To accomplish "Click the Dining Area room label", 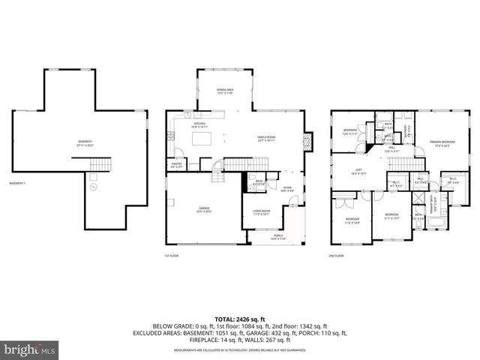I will pos(225,91).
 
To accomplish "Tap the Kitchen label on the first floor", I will pos(199,126).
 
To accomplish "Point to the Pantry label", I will pos(178,165).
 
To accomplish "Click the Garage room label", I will pos(204,210).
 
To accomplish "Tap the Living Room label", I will pos(261,212).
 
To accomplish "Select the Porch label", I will pos(277,237).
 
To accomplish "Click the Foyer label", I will pos(287,190).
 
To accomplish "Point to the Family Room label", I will pos(266,139).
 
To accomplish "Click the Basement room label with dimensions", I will pos(87,143).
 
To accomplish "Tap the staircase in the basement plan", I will pos(100,164).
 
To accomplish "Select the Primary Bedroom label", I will pos(442,144).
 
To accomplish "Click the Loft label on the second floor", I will pos(359,172).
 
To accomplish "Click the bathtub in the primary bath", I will pos(434,221).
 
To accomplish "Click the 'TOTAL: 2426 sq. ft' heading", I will pos(239,319).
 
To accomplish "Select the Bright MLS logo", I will pos(30,349).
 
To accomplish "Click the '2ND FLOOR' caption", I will pos(337,256).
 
